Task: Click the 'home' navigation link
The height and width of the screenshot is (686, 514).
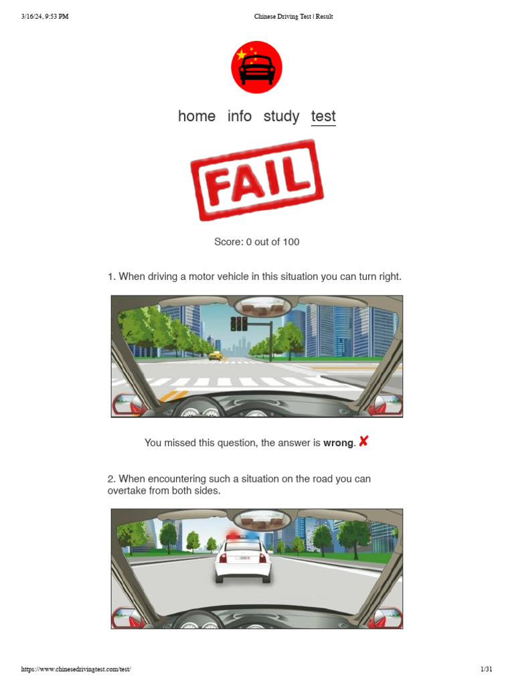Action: click(197, 116)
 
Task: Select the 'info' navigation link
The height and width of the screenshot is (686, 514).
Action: click(240, 116)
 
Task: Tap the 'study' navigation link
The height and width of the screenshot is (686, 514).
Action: click(281, 116)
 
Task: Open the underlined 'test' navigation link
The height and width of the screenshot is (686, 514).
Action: click(323, 116)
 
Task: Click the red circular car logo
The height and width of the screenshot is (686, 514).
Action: click(256, 67)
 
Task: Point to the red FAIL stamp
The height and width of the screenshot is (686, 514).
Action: click(257, 180)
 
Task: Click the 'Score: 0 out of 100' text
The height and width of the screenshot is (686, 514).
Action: click(257, 242)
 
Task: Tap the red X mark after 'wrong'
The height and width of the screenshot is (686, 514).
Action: click(363, 441)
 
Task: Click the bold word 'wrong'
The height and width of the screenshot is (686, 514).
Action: click(339, 443)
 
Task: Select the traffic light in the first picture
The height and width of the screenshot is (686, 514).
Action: click(238, 324)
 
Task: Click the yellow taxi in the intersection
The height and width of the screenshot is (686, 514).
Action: click(215, 356)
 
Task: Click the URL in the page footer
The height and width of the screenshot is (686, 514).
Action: click(76, 669)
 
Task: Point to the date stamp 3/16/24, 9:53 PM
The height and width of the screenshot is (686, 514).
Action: click(45, 17)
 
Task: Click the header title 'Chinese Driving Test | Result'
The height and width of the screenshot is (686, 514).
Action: click(293, 17)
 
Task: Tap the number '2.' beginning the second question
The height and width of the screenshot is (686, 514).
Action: click(112, 479)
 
